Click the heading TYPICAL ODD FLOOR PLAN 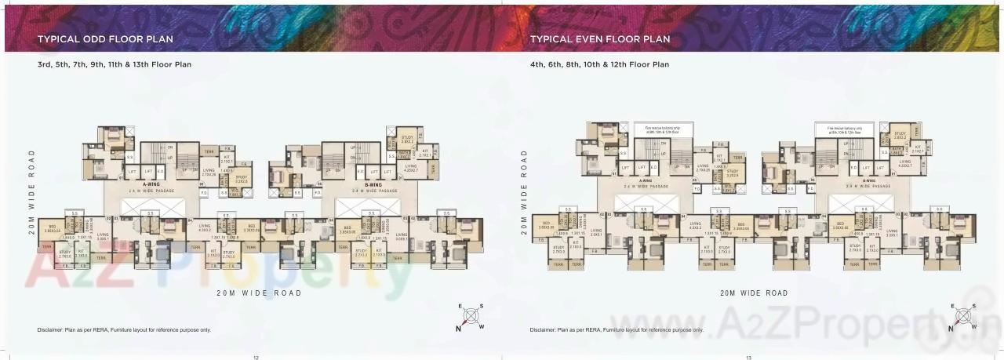[105, 38]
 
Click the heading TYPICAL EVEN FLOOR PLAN [600, 38]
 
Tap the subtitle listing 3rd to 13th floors [115, 64]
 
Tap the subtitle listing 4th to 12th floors [599, 64]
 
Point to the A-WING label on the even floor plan [646, 180]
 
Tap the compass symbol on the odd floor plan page [470, 317]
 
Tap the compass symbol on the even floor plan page [963, 317]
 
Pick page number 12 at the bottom [256, 357]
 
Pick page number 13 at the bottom [748, 357]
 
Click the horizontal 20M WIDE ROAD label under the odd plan [259, 293]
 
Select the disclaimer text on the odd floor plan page [124, 330]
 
